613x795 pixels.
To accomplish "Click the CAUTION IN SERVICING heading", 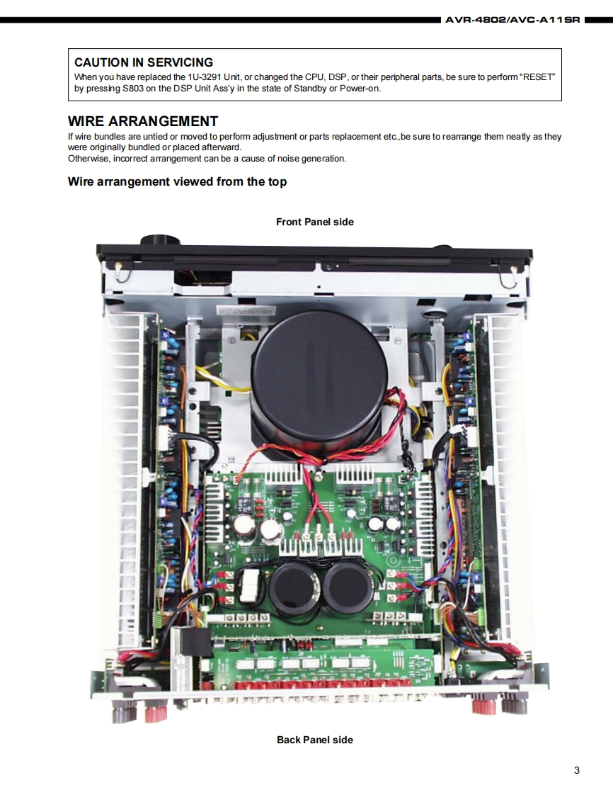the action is [144, 63].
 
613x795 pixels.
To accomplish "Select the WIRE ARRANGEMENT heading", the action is [143, 121].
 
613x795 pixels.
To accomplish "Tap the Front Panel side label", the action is [314, 222].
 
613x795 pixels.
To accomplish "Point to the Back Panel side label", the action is [314, 740].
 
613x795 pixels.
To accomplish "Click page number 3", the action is [577, 770].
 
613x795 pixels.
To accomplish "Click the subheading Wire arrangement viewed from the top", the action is [177, 182].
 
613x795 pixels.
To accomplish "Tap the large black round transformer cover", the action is [319, 376].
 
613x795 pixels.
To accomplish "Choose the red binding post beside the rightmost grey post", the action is [484, 706].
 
